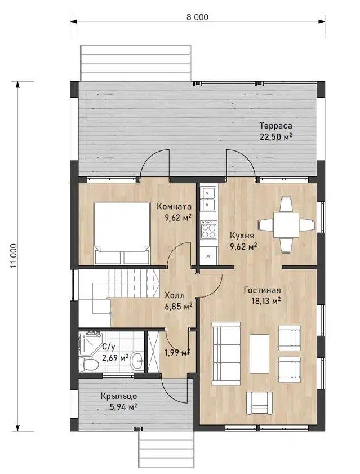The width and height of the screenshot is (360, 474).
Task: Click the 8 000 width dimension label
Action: pyautogui.click(x=197, y=17)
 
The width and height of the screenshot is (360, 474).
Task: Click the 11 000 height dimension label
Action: pyautogui.click(x=14, y=256)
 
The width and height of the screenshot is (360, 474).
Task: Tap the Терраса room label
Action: pyautogui.click(x=275, y=126)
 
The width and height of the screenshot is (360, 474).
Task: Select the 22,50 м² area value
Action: pyautogui.click(x=275, y=136)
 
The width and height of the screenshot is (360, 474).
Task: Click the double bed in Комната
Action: pyautogui.click(x=122, y=233)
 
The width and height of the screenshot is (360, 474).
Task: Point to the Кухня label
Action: pyautogui.click(x=242, y=235)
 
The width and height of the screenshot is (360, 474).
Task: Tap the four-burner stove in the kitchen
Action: pyautogui.click(x=209, y=230)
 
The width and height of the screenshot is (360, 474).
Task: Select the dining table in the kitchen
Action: pyautogui.click(x=286, y=225)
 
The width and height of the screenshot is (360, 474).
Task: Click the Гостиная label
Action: pyautogui.click(x=262, y=290)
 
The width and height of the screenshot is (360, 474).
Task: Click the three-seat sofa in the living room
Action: pyautogui.click(x=226, y=353)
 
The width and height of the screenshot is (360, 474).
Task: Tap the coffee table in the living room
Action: pyautogui.click(x=259, y=354)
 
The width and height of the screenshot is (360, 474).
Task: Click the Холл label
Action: pyautogui.click(x=175, y=295)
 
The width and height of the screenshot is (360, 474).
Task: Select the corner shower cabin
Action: pyautogui.click(x=90, y=343)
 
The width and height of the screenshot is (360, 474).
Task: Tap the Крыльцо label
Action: pyautogui.click(x=119, y=396)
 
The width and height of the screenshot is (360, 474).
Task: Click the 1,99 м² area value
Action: pyautogui.click(x=177, y=352)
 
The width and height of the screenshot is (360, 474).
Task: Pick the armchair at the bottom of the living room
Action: pyautogui.click(x=259, y=403)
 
